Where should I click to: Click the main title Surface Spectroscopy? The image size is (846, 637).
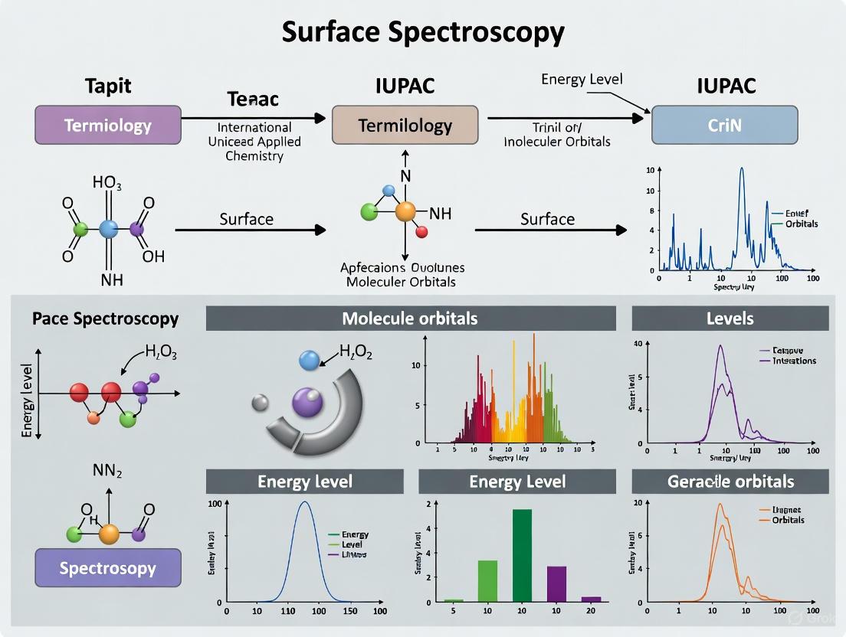click(423, 32)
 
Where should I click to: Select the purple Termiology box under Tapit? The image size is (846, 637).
click(108, 126)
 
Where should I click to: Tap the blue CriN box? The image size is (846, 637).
click(724, 126)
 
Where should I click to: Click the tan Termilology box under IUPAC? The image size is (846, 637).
click(405, 126)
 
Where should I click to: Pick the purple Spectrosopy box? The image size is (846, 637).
click(108, 568)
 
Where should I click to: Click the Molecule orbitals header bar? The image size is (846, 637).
click(411, 318)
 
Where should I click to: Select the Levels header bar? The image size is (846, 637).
click(730, 318)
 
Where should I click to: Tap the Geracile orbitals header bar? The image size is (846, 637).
click(730, 482)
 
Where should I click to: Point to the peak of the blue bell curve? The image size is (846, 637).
click(305, 503)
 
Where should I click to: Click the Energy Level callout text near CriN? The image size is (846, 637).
click(582, 80)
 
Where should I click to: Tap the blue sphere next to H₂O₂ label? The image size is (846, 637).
click(309, 360)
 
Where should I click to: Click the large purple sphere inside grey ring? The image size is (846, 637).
click(307, 401)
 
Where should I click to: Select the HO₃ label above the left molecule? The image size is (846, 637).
click(108, 183)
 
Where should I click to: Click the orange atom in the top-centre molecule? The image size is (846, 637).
click(405, 212)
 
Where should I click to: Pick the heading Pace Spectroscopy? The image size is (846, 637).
click(106, 318)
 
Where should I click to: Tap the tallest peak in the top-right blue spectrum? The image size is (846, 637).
click(741, 170)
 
